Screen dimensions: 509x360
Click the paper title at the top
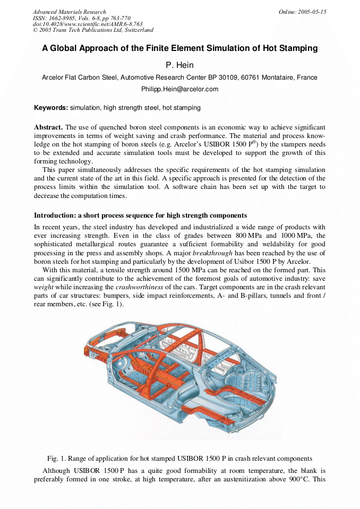click(x=179, y=48)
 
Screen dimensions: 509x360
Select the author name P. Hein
click(x=179, y=65)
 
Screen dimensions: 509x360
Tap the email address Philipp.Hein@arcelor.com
click(x=179, y=89)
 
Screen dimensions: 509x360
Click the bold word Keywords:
click(x=51, y=108)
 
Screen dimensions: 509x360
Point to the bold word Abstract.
click(x=48, y=127)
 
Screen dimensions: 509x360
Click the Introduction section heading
click(x=140, y=215)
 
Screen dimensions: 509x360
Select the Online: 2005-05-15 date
click(x=302, y=12)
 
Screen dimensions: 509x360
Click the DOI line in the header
click(x=80, y=24)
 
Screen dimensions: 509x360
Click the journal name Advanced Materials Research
click(x=69, y=12)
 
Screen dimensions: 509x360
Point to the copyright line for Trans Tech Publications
click(x=93, y=30)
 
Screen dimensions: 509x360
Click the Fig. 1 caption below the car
click(x=179, y=458)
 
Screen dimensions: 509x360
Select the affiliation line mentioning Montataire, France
click(x=179, y=77)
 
